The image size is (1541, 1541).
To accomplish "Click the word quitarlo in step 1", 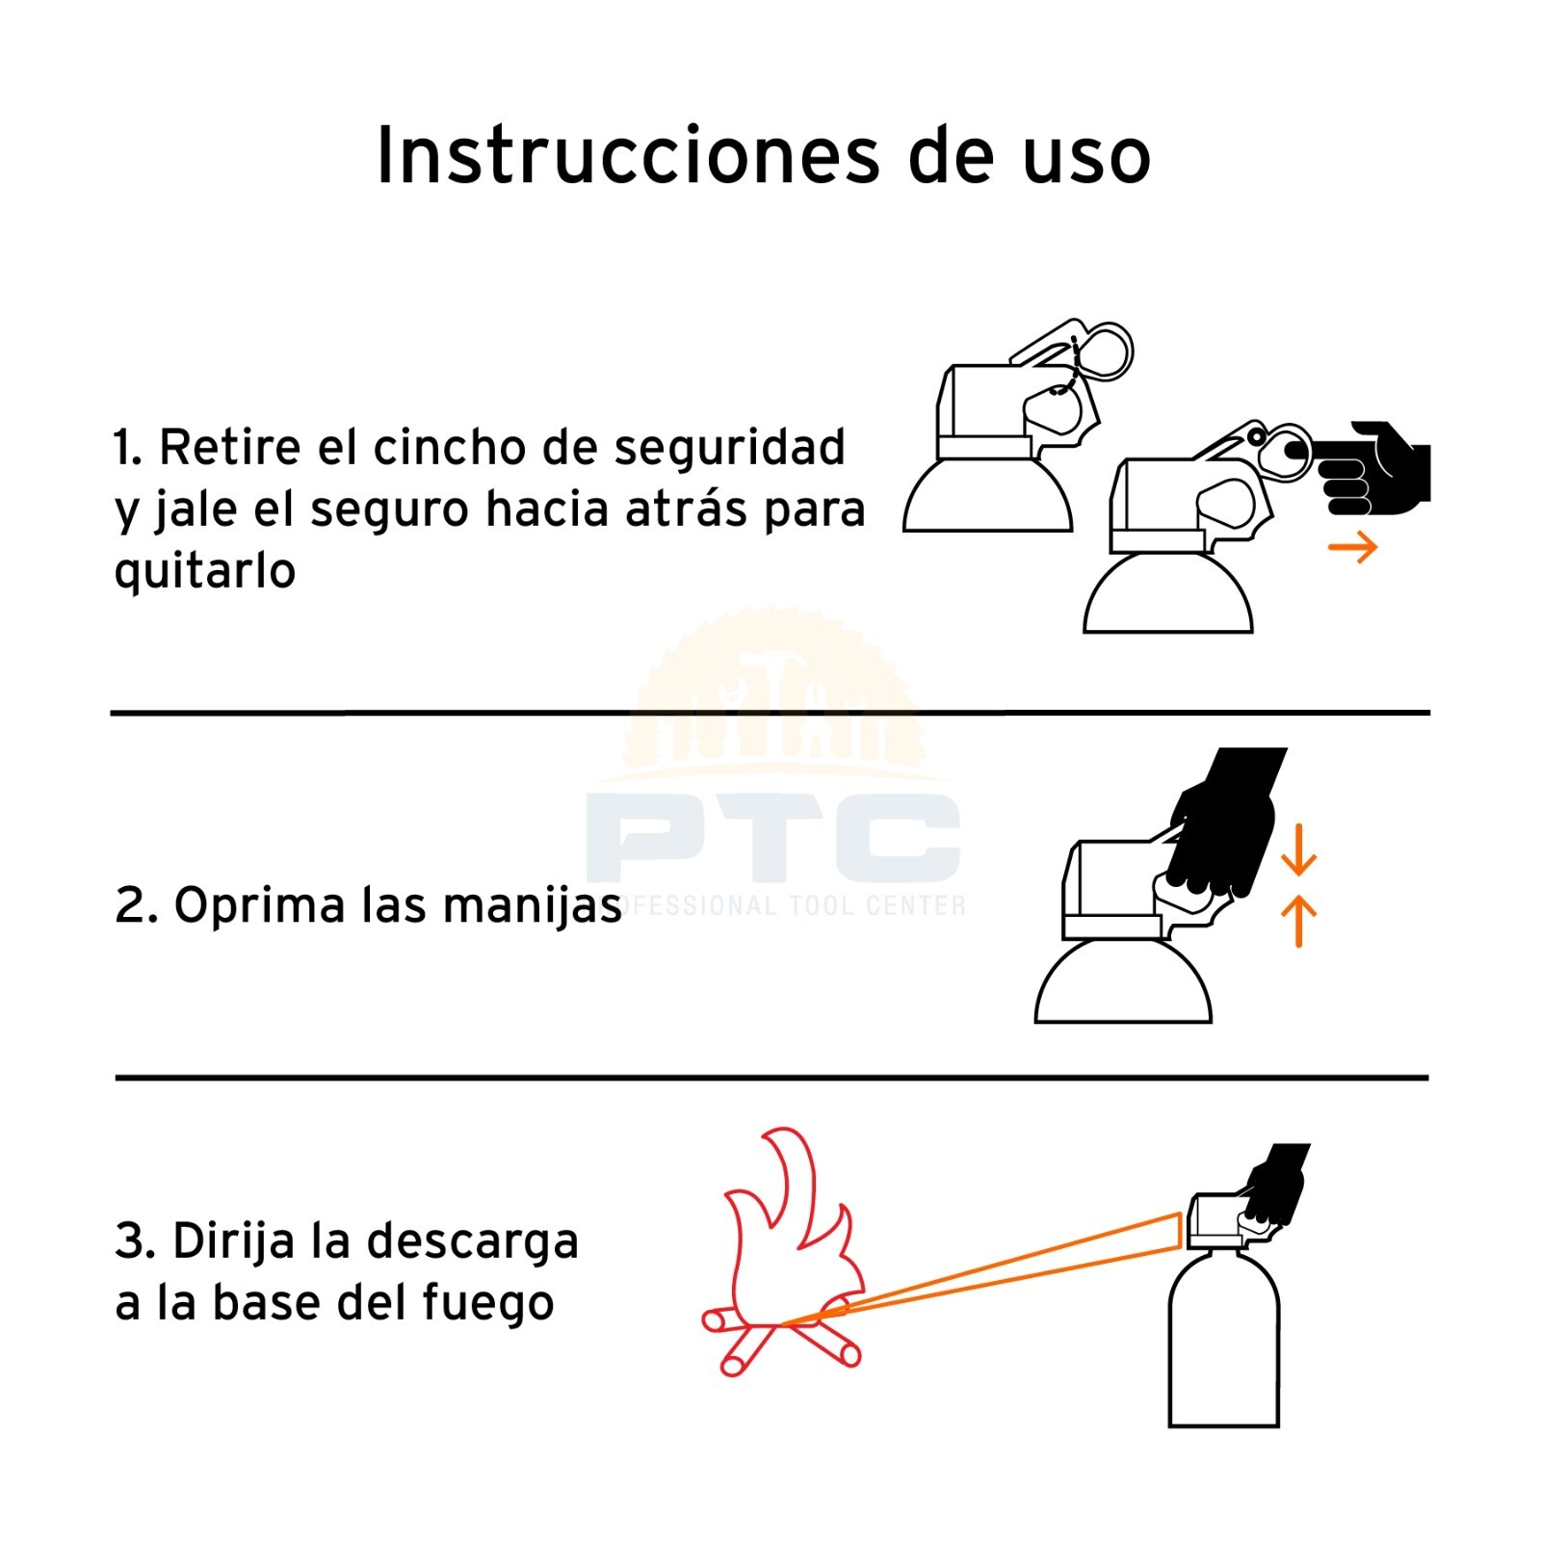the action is click(204, 571).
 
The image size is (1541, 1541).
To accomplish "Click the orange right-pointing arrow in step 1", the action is click(1352, 547).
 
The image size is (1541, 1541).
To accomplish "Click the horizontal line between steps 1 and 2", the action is click(770, 713).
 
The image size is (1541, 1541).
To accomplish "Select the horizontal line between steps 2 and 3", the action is click(771, 1078).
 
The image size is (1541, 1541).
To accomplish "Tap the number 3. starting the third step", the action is click(135, 1241).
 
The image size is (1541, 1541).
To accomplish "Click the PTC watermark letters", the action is click(773, 837).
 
